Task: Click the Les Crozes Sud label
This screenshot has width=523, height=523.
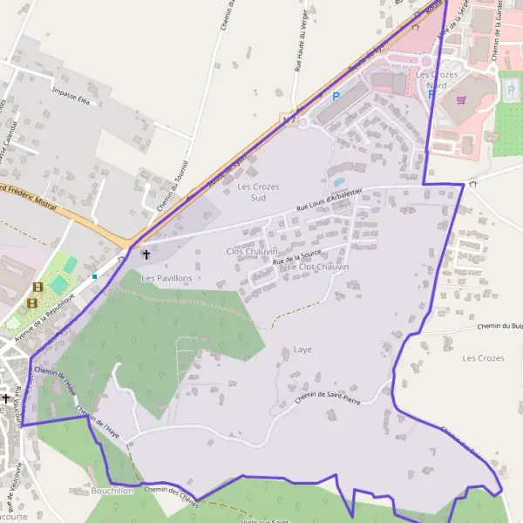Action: [x=252, y=192]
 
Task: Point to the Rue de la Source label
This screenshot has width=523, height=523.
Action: [x=296, y=257]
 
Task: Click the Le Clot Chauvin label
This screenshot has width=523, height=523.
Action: [x=317, y=267]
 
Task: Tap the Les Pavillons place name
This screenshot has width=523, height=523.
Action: [x=166, y=278]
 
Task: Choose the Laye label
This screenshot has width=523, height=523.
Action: [x=302, y=350]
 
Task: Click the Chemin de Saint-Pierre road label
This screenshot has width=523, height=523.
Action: [x=328, y=397]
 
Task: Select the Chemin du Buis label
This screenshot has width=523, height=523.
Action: [x=499, y=327]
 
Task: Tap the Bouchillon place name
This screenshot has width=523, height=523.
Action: [x=112, y=491]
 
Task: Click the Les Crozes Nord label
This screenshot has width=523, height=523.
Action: [x=437, y=80]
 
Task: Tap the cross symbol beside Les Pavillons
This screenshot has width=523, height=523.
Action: [x=146, y=255]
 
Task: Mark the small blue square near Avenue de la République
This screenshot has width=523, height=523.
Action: [x=94, y=277]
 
